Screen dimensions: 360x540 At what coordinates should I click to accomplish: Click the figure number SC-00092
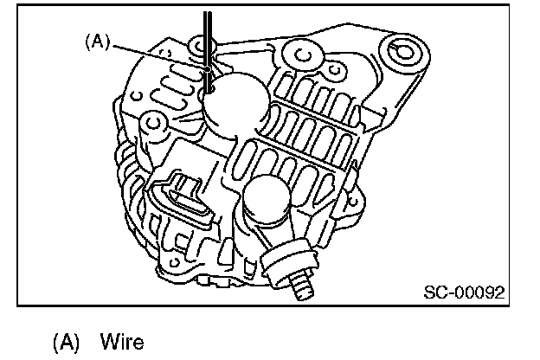tap(463, 292)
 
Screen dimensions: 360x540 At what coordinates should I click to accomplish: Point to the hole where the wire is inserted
tap(209, 84)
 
